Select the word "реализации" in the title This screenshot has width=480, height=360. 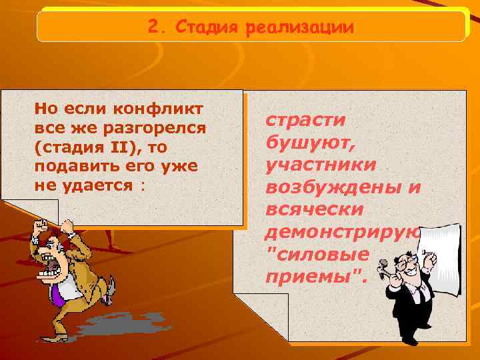coord(299,29)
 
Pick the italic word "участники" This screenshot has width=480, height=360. coord(320,164)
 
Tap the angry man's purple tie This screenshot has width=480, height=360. coord(59,293)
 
